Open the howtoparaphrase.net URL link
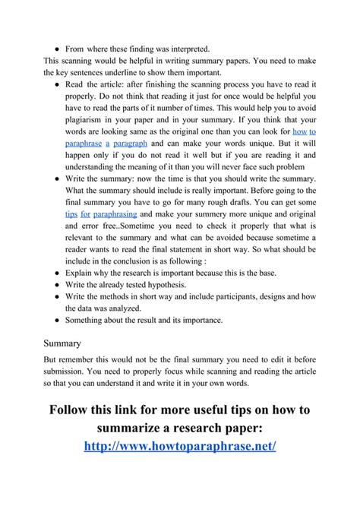tap(179, 444)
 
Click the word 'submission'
tap(67, 373)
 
